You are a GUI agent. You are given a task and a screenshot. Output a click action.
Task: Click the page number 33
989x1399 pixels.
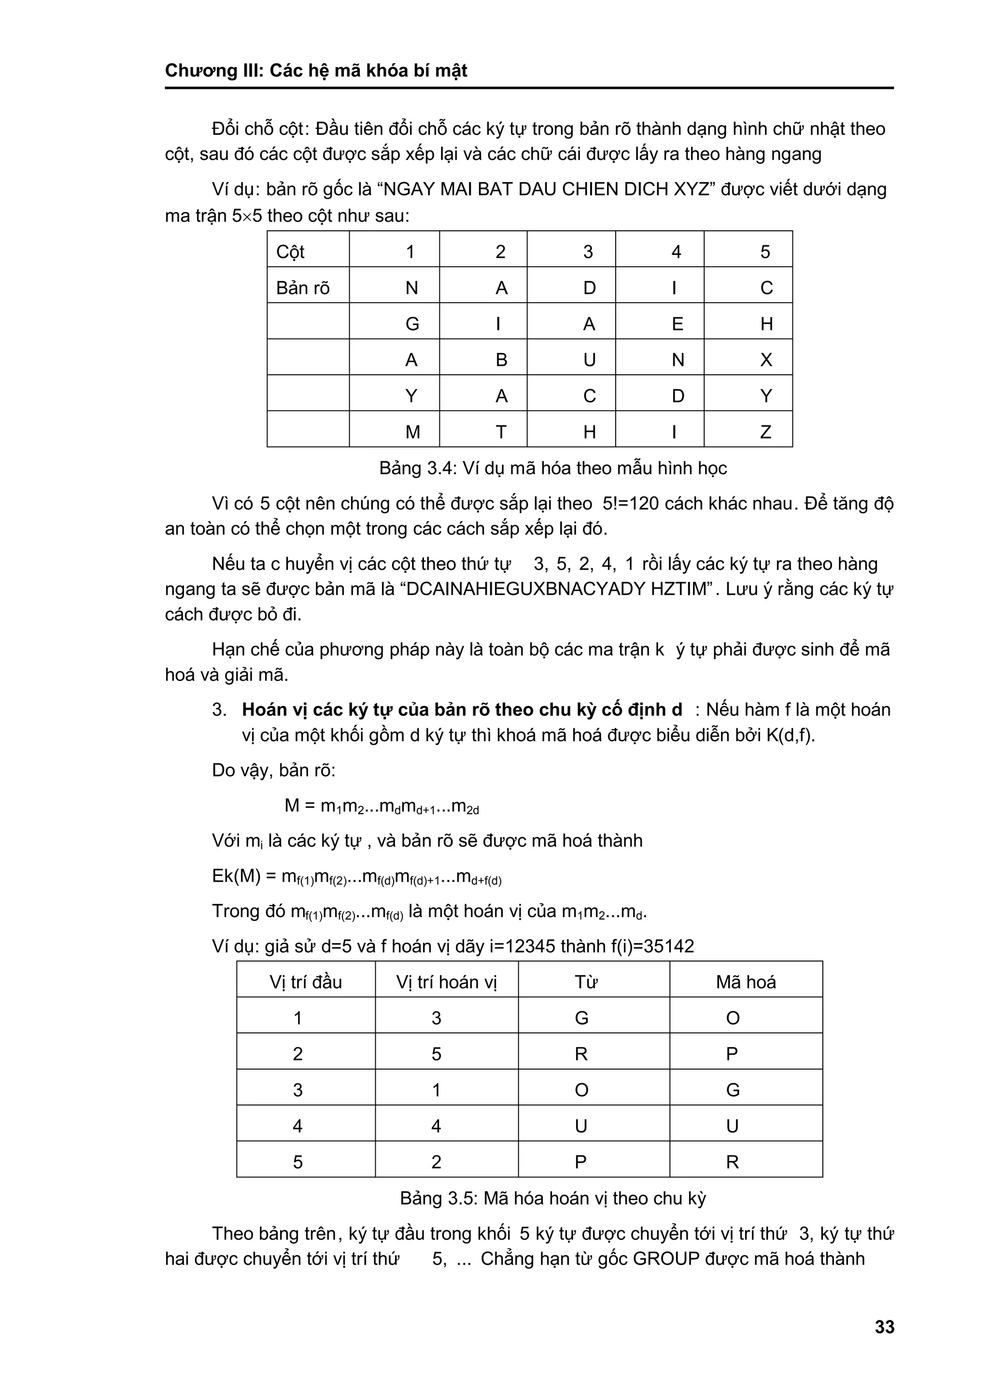click(x=884, y=1327)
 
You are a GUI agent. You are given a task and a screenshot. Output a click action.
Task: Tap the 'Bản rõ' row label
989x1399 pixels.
click(x=303, y=288)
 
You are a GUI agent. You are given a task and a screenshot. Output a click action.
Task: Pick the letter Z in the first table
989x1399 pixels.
click(x=766, y=432)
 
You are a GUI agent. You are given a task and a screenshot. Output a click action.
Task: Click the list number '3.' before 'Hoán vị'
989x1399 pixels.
click(x=219, y=710)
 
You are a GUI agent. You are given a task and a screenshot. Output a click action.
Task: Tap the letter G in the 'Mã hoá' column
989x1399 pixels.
click(x=733, y=1089)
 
